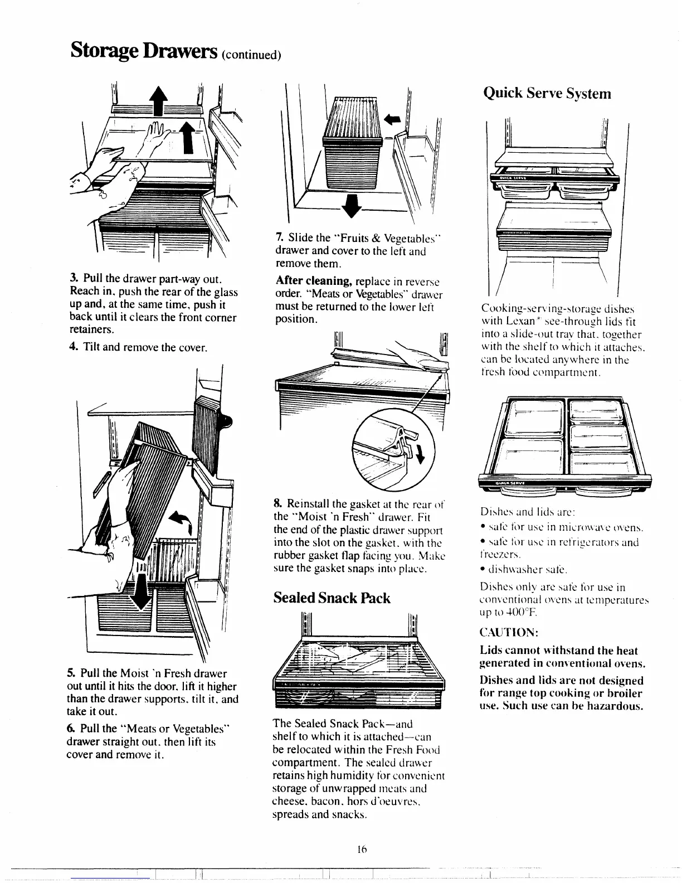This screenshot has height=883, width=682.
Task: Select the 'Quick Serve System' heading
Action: tap(547, 93)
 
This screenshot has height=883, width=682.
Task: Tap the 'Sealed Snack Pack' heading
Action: tap(332, 598)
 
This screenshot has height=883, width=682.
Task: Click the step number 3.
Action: tap(73, 279)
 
